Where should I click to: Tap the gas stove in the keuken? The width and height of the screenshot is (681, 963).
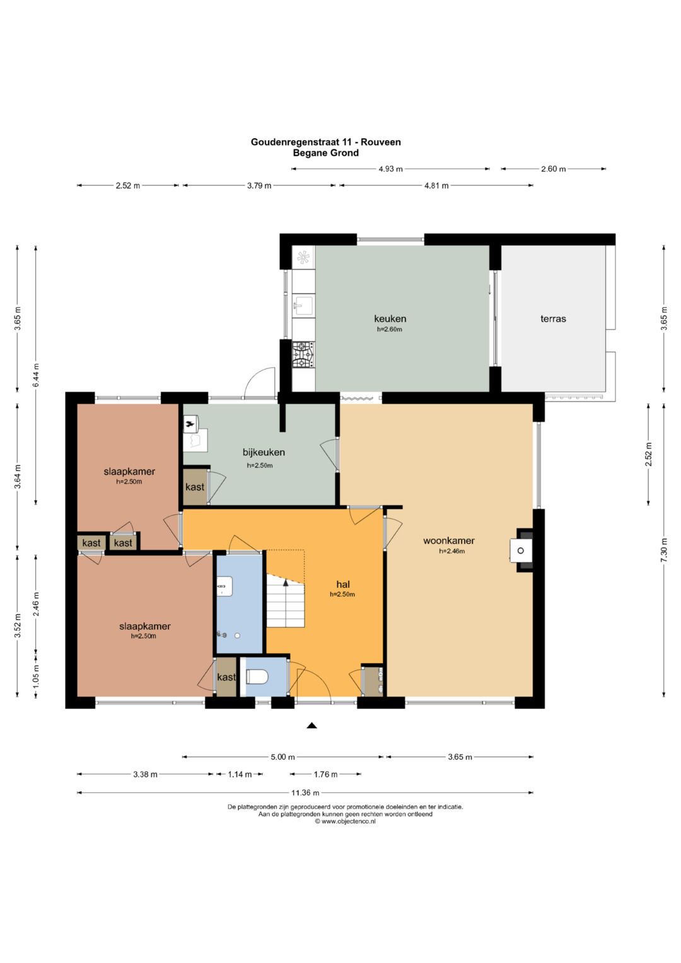click(x=303, y=354)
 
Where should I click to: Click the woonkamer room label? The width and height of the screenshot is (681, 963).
click(x=449, y=540)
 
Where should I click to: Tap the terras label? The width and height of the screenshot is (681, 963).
click(x=553, y=318)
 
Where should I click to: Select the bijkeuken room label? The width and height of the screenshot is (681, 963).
click(x=264, y=452)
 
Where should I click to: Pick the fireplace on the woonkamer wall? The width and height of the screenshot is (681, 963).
click(x=521, y=551)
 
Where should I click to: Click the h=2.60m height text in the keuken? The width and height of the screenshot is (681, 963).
click(x=390, y=329)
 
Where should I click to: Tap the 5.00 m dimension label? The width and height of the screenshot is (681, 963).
click(x=283, y=757)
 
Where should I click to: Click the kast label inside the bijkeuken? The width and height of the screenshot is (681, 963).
click(x=195, y=487)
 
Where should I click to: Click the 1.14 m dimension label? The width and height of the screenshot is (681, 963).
click(x=240, y=774)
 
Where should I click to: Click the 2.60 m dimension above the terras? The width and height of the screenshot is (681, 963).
click(x=554, y=169)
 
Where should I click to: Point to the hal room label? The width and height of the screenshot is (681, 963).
click(x=343, y=584)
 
